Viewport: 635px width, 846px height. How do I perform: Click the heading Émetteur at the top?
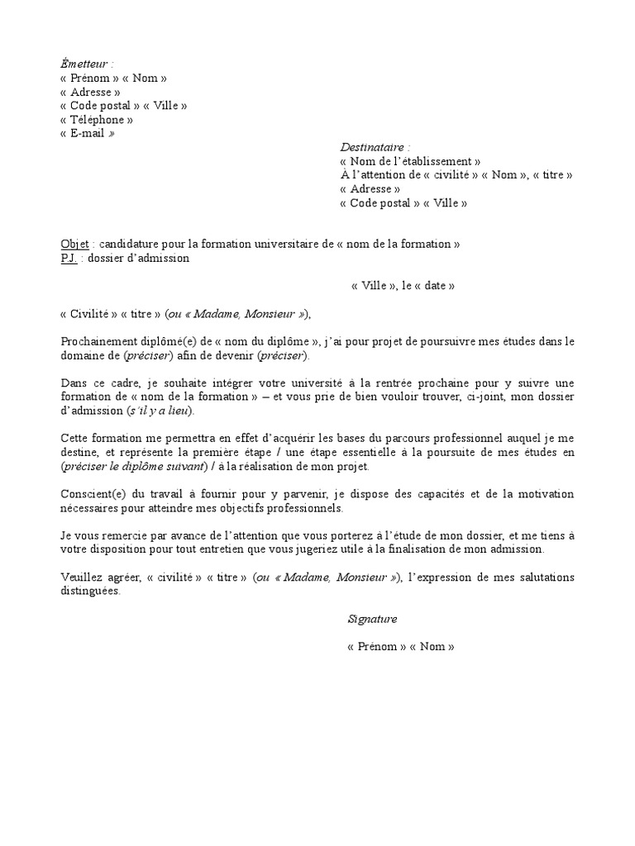coord(85,64)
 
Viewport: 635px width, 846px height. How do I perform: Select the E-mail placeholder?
coord(87,134)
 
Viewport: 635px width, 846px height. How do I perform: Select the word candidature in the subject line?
coord(129,245)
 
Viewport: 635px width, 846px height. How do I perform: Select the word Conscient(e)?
coord(93,495)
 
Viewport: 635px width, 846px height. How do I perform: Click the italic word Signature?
coord(372,619)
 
